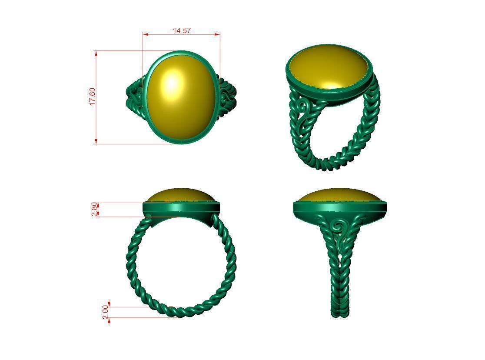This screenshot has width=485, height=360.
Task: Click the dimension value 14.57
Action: tap(182, 30)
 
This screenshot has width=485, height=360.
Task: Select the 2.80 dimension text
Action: tap(95, 209)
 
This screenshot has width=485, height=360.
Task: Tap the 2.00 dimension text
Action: tap(105, 312)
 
